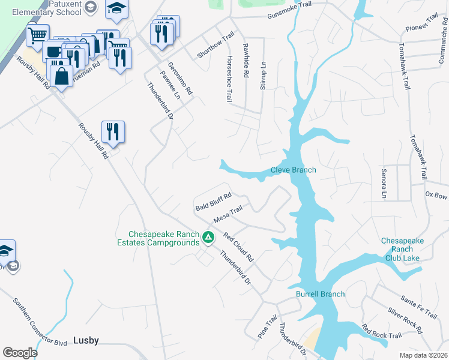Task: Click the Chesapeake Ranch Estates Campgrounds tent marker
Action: (208, 238)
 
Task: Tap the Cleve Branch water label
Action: (293, 170)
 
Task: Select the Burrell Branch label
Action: (320, 294)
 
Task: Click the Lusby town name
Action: (86, 340)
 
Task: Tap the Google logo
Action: (20, 352)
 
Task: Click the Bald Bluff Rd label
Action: (213, 202)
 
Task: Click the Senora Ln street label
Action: (384, 183)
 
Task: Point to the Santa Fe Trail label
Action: (419, 307)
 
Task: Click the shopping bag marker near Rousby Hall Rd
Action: (61, 76)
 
